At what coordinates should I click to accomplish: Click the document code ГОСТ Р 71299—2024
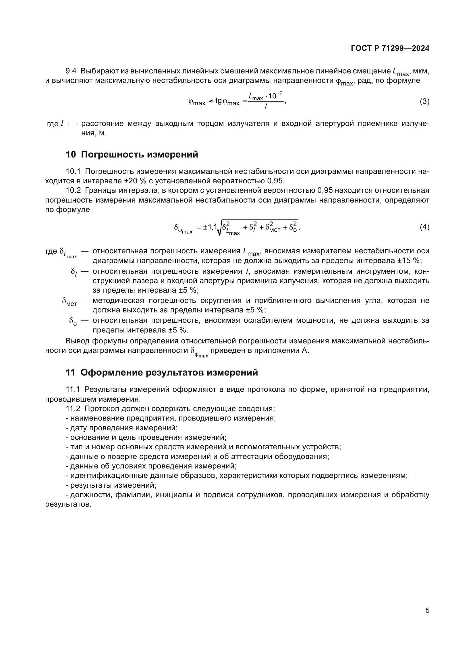click(x=390, y=48)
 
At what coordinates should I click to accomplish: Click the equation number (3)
click(x=424, y=102)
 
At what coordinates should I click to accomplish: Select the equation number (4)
click(x=424, y=227)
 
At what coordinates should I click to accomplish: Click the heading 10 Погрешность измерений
click(x=132, y=154)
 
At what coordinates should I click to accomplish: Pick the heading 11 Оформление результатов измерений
click(x=162, y=373)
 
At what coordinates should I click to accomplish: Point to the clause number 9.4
click(x=71, y=71)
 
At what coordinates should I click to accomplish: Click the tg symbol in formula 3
click(x=219, y=101)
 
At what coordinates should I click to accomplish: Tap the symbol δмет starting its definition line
click(x=69, y=301)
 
